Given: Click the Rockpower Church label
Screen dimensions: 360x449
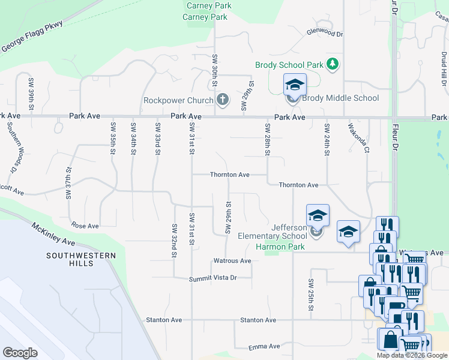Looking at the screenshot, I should click(178, 100).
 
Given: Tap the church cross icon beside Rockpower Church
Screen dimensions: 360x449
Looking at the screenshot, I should click(223, 99).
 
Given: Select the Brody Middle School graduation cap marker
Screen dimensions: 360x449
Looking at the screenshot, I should click(295, 85).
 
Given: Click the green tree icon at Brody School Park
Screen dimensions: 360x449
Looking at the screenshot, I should click(333, 64).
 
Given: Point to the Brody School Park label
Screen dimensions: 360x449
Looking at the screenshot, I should click(289, 65).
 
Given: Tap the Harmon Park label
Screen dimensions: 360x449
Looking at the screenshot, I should click(280, 247).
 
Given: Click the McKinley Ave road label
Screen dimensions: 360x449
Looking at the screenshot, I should click(53, 233).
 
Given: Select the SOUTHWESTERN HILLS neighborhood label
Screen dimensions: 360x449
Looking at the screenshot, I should click(81, 260).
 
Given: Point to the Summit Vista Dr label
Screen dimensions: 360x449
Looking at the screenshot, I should click(213, 278).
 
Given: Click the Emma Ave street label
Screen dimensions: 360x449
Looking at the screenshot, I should click(265, 346).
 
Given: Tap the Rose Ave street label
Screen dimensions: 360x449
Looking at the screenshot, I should click(85, 226).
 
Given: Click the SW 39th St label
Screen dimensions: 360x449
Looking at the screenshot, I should click(31, 89).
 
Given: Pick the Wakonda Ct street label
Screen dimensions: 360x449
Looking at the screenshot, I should click(358, 138).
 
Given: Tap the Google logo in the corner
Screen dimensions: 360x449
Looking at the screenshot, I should click(20, 352).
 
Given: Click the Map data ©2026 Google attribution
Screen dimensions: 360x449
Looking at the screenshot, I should click(412, 355).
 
